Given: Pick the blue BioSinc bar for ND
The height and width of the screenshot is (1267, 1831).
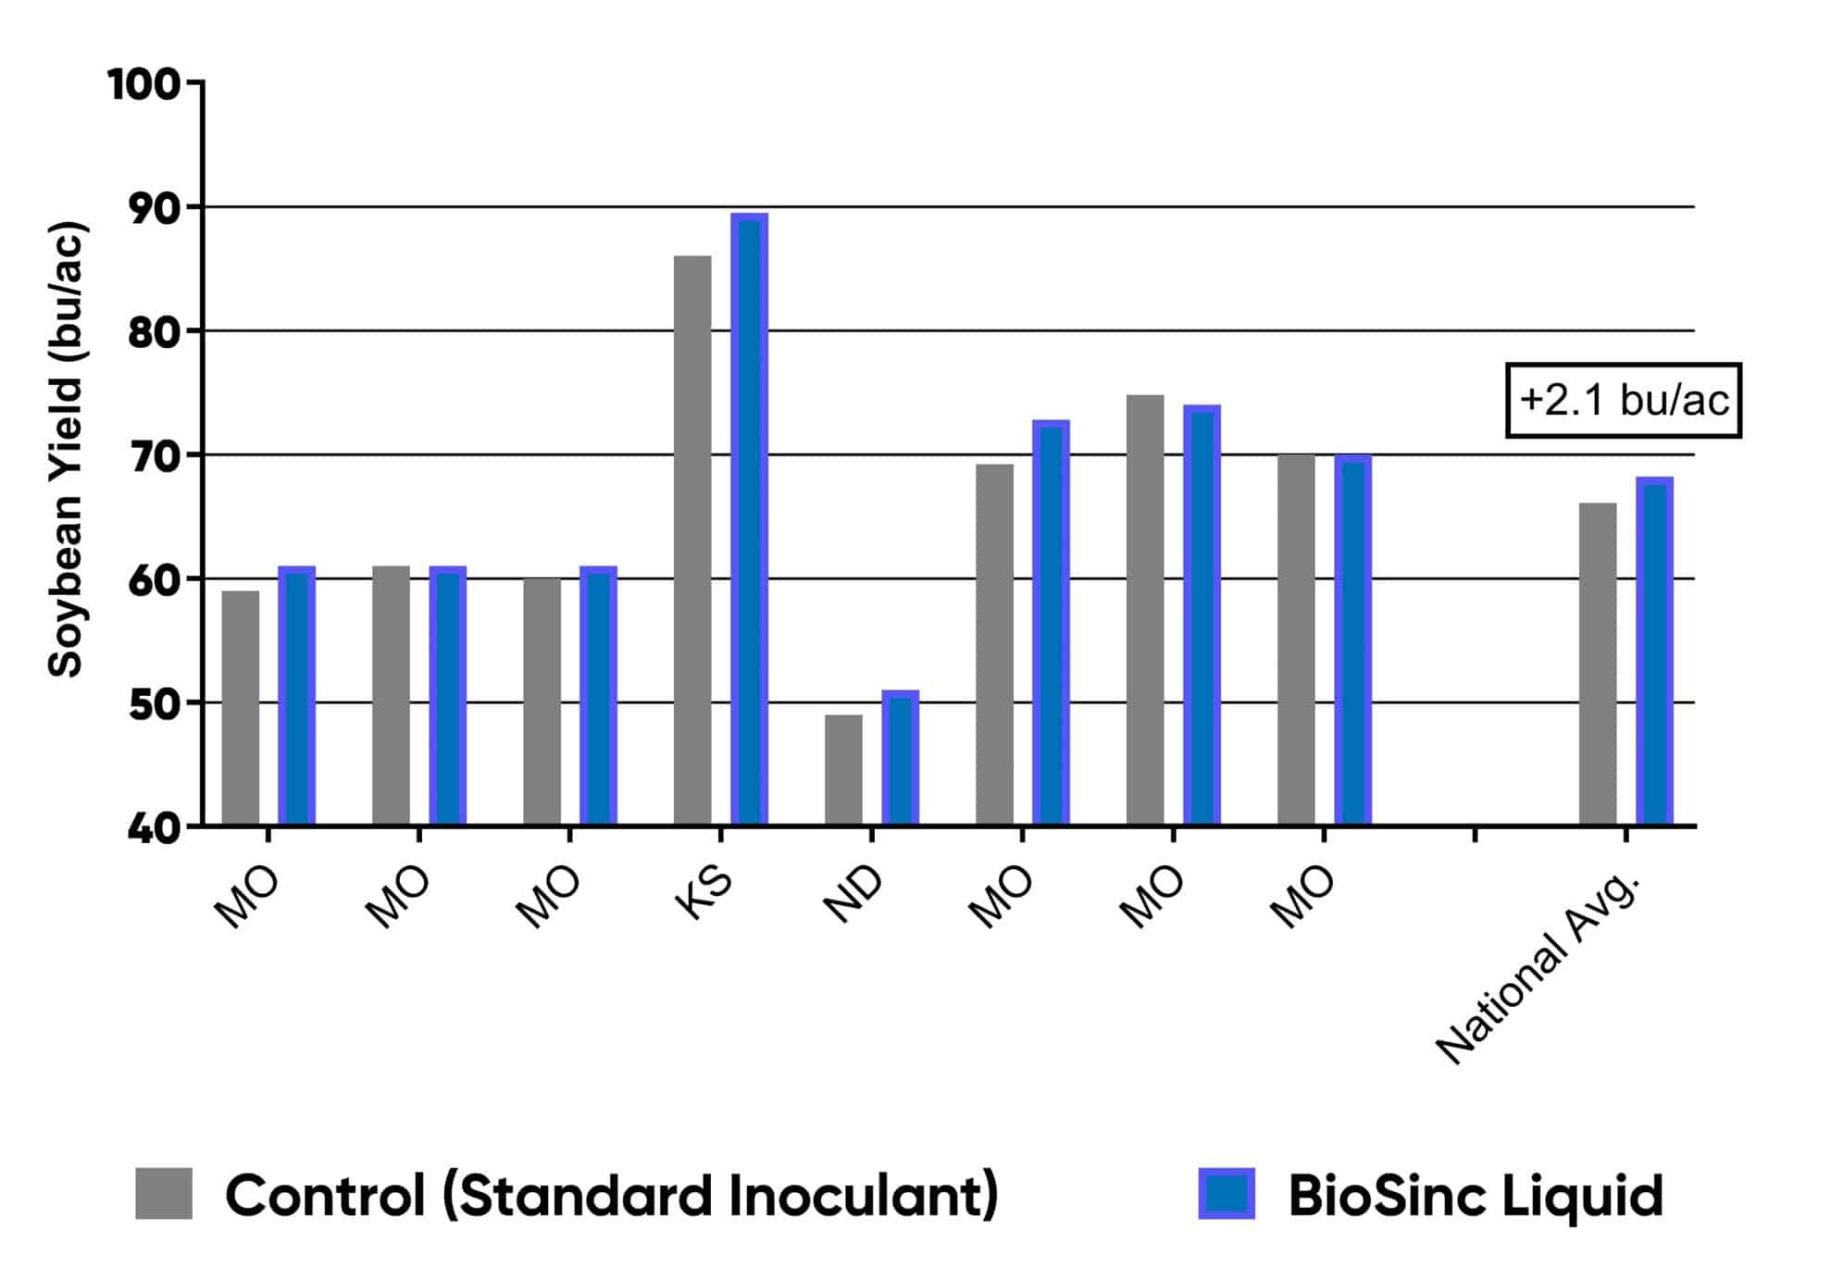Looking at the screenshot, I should point(900,758).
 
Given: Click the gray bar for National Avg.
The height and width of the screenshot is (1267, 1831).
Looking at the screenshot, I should point(1598,664).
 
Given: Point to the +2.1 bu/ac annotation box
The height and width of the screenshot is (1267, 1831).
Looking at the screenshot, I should point(1624,401).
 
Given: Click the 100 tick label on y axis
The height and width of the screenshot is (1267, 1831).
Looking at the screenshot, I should point(143,85).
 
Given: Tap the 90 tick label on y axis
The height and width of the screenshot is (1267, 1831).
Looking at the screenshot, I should point(154,209).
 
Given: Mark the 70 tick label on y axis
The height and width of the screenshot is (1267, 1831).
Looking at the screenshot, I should point(154,457).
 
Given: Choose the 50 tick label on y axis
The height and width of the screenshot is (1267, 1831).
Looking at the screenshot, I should point(154,705).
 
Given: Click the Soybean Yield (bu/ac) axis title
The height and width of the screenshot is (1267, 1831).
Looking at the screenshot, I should point(67,450).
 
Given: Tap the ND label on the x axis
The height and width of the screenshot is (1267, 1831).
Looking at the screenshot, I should point(854,896).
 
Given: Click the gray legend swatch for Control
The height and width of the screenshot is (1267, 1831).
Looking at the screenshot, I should point(164,1194).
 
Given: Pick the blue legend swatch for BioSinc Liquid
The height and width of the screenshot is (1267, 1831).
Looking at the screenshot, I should point(1227,1194).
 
